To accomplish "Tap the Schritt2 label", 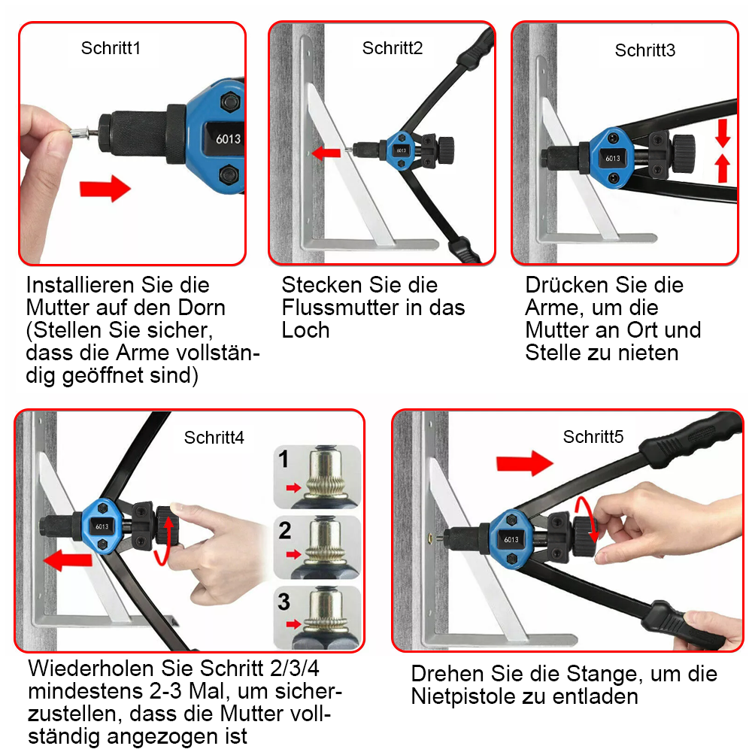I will click(393, 48).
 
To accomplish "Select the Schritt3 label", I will click(644, 50).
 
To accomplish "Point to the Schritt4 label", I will click(214, 438).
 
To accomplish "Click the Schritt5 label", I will click(593, 437).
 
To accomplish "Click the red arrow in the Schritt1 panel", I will click(105, 188).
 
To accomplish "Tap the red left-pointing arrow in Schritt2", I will click(326, 153).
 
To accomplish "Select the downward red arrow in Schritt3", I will click(723, 135).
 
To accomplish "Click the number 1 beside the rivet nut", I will click(284, 460).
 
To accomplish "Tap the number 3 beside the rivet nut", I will click(284, 602).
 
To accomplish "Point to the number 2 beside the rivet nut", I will click(284, 531).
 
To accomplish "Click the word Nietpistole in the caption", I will click(465, 696).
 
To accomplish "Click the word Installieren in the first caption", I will click(77, 286).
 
